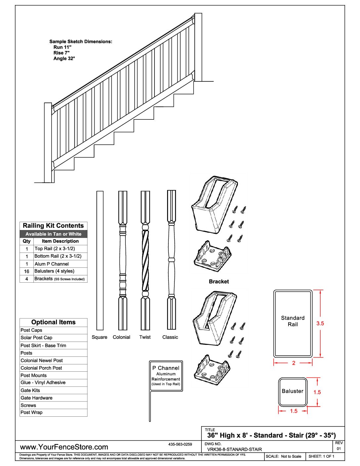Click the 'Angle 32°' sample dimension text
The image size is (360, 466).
(x=64, y=59)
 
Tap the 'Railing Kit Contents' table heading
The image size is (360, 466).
(x=53, y=226)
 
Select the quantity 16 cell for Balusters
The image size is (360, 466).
(x=26, y=271)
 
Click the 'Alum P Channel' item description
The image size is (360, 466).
(x=52, y=264)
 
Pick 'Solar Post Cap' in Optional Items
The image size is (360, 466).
(x=36, y=338)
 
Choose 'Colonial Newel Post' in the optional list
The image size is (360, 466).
(x=42, y=360)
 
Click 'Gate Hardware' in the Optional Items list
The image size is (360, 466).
(x=36, y=398)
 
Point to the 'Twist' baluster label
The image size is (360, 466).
(x=145, y=337)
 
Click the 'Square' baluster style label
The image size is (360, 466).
(x=99, y=337)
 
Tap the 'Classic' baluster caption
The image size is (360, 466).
(x=170, y=337)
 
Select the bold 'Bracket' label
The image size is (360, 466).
(x=219, y=282)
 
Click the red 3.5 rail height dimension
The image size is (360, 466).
(x=320, y=323)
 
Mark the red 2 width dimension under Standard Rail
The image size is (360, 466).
(x=293, y=363)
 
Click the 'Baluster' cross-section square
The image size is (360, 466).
(x=293, y=392)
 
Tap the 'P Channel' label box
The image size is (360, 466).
(x=166, y=376)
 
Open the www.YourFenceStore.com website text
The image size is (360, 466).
(x=64, y=447)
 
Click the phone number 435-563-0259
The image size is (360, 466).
(x=180, y=444)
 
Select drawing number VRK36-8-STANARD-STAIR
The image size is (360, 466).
(x=234, y=449)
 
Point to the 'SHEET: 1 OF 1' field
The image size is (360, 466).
(x=321, y=456)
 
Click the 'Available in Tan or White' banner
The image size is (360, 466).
(x=53, y=234)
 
